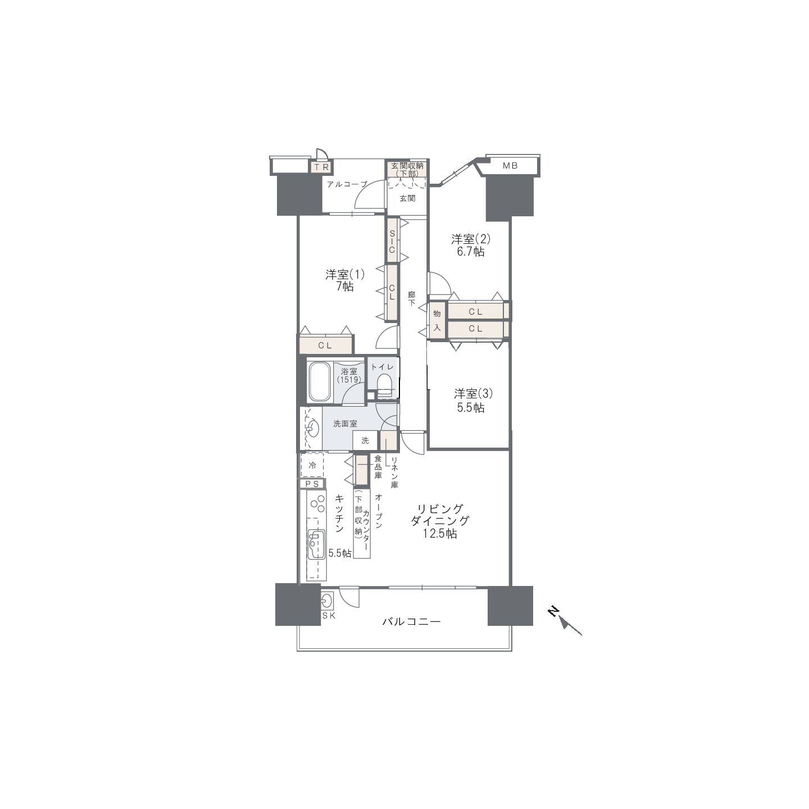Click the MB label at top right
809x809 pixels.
510,166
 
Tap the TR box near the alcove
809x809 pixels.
321,167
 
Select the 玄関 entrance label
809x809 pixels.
407,198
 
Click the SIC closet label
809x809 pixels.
392,242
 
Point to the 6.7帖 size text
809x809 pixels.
471,252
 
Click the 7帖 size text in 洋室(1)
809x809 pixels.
345,287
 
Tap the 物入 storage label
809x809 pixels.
437,321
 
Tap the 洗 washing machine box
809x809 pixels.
365,440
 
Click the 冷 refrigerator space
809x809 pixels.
312,465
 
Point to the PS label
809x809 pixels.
312,484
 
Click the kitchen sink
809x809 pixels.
316,544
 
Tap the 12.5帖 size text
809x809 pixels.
440,534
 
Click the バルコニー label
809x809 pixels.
411,621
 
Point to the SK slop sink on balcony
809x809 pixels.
326,602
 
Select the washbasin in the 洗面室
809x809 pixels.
312,429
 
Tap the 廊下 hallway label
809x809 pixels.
411,299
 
